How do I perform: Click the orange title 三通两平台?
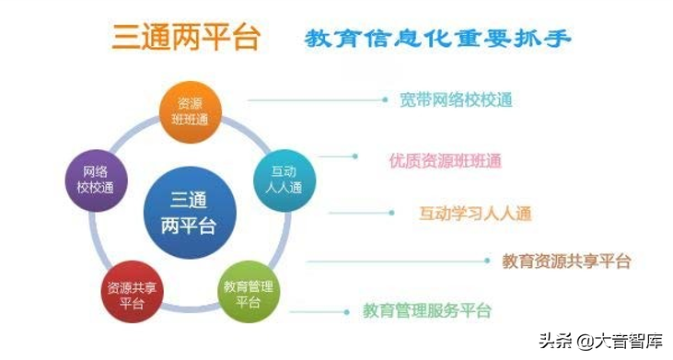(186, 38)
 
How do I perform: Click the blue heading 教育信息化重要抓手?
(437, 39)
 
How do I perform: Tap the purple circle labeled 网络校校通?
(95, 179)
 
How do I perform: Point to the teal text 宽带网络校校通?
(456, 99)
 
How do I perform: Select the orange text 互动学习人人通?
(475, 214)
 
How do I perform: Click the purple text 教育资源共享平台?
(566, 261)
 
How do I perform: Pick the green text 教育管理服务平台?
(427, 310)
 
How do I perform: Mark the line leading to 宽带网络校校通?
(317, 99)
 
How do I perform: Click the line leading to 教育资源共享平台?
(396, 261)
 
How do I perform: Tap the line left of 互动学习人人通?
(364, 214)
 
